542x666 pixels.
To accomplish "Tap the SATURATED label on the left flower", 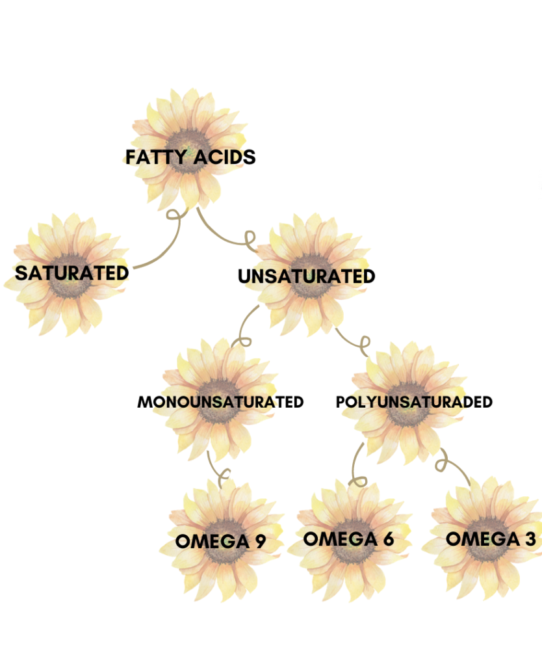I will pos(71,273).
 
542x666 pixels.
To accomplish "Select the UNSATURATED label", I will pos(306,276).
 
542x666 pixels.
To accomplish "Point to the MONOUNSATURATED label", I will pos(220,402).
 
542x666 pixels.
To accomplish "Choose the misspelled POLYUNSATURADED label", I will pos(414,402).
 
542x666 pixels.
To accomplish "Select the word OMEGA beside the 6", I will pos(340,539).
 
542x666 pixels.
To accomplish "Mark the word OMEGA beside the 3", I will pos(482,539).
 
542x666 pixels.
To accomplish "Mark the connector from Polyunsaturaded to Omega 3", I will pos(455,468).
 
